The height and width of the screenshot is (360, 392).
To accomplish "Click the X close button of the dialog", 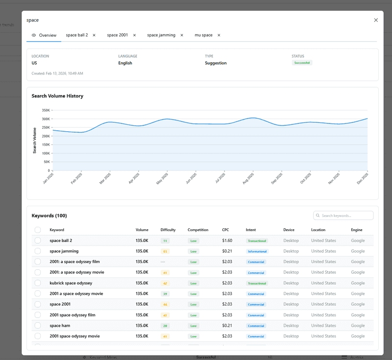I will (376, 20).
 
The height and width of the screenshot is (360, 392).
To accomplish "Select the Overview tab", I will (44, 35).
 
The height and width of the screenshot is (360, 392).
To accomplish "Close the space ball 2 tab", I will (94, 35).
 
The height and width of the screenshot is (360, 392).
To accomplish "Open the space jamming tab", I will (161, 35).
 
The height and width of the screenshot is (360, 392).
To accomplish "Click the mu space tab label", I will (203, 35).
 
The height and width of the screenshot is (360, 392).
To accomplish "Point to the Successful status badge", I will (302, 63).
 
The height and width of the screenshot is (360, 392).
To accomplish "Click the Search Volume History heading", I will (57, 96).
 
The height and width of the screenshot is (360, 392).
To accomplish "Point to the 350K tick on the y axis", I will (46, 110).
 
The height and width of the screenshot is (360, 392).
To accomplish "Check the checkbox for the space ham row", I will (38, 326).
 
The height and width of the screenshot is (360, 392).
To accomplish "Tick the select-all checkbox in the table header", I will (38, 230).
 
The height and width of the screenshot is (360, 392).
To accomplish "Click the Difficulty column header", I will (168, 230).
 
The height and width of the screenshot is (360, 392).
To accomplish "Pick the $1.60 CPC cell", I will (227, 240).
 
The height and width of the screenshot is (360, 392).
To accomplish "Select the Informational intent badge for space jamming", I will (257, 251).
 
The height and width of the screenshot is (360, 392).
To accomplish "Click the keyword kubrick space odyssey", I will (71, 283).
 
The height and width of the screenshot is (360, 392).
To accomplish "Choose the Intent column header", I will (251, 230).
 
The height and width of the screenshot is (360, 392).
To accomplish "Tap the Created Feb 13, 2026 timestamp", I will (57, 73).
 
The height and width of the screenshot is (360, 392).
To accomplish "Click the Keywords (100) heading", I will (49, 216).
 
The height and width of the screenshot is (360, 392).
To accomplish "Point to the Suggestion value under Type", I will (216, 63).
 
